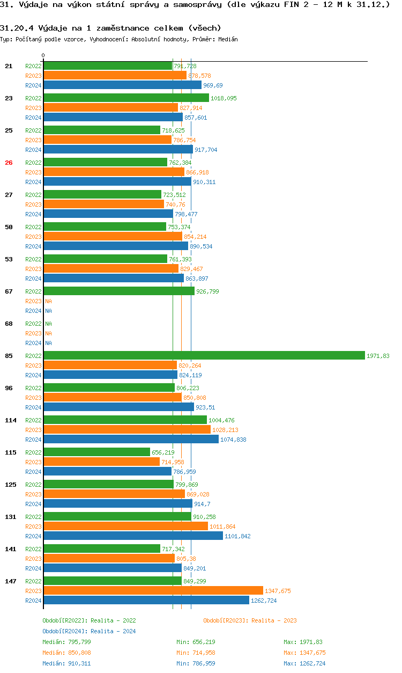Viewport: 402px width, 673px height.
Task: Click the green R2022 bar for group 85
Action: [204, 356]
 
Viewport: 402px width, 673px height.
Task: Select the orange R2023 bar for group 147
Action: [153, 591]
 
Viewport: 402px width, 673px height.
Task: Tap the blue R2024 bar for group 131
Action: [133, 536]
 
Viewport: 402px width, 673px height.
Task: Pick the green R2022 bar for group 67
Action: [118, 291]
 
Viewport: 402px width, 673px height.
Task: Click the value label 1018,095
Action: [224, 98]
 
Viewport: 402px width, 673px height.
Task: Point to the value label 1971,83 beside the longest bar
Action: [378, 356]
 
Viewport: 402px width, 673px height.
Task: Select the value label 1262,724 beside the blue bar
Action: [264, 601]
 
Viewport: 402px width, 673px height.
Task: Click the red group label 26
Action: [9, 163]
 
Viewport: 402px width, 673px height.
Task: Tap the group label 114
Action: [11, 420]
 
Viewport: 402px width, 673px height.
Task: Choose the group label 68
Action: [9, 324]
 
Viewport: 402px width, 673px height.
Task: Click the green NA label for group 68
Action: [48, 324]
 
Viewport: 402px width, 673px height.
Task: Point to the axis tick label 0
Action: [43, 55]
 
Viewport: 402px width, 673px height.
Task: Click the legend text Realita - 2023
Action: [271, 620]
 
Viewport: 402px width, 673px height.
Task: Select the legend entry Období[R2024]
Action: [65, 631]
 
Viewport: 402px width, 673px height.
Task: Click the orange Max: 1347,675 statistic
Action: [304, 653]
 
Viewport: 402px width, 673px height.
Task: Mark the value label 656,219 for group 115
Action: [163, 452]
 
